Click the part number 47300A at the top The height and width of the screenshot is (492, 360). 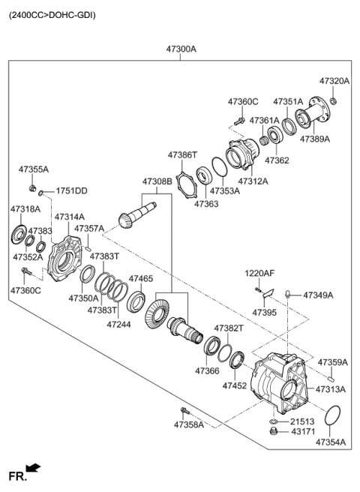[x=181, y=49]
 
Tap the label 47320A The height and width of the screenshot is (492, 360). [x=334, y=81]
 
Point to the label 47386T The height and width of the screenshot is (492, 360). [x=182, y=154]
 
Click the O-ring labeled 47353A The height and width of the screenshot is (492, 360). [x=220, y=166]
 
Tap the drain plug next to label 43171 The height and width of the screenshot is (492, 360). [x=274, y=431]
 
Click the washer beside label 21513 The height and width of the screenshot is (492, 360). [x=273, y=421]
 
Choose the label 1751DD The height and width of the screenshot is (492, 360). [x=71, y=190]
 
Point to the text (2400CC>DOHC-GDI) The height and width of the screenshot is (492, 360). [x=52, y=15]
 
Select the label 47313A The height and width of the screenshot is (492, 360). [x=331, y=389]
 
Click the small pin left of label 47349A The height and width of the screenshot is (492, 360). [x=286, y=294]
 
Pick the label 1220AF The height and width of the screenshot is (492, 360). [x=259, y=273]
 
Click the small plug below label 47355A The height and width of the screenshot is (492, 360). [x=32, y=188]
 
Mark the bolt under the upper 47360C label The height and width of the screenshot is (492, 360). [x=240, y=121]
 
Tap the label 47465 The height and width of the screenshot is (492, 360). [x=141, y=278]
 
